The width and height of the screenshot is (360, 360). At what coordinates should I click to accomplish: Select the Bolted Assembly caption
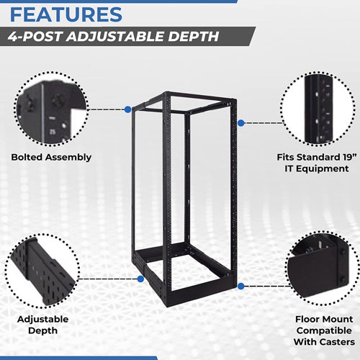click(x=51, y=156)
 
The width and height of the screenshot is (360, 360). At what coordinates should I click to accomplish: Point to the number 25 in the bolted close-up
click(x=53, y=131)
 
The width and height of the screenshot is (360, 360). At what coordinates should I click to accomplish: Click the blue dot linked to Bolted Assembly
click(x=127, y=109)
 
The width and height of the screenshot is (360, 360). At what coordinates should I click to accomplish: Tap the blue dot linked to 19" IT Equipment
click(x=240, y=124)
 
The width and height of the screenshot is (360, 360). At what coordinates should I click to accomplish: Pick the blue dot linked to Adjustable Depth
click(x=139, y=278)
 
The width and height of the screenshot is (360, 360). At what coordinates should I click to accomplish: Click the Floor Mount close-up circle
click(x=318, y=271)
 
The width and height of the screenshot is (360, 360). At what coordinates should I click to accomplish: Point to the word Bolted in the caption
click(x=28, y=156)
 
